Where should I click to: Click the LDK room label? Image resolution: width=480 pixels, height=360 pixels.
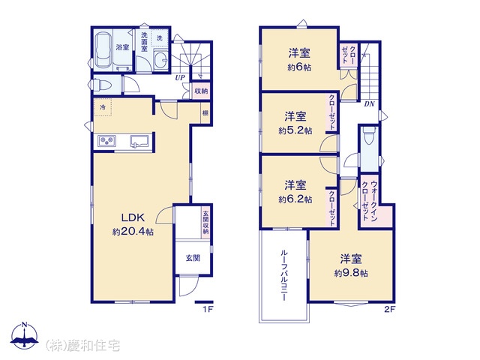pyautogui.click(x=133, y=217)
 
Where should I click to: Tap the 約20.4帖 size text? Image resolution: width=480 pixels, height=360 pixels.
pyautogui.click(x=133, y=232)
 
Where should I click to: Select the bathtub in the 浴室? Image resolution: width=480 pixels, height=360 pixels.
pyautogui.click(x=103, y=50)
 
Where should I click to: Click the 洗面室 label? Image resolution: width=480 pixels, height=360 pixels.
pyautogui.click(x=144, y=42)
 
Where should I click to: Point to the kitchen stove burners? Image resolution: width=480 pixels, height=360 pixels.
pyautogui.click(x=106, y=141)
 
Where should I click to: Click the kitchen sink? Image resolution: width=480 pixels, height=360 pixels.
pyautogui.click(x=139, y=142)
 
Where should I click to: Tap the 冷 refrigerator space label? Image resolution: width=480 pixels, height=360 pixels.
pyautogui.click(x=103, y=107)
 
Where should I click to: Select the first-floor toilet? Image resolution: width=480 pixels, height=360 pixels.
pyautogui.click(x=100, y=85)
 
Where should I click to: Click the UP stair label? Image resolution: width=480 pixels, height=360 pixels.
pyautogui.click(x=180, y=78)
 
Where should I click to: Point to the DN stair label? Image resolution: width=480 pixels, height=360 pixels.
pyautogui.click(x=369, y=104)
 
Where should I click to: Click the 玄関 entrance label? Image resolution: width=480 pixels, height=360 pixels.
pyautogui.click(x=193, y=258)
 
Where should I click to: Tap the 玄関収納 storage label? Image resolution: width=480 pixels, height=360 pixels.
pyautogui.click(x=205, y=223)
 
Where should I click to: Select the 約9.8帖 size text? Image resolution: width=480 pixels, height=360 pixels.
pyautogui.click(x=351, y=273)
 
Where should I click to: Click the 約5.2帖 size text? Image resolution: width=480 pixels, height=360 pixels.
pyautogui.click(x=295, y=130)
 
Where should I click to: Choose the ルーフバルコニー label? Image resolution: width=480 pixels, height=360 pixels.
pyautogui.click(x=283, y=275)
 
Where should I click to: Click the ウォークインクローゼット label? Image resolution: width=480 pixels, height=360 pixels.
pyautogui.click(x=370, y=201)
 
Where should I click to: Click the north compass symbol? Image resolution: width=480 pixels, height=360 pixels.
pyautogui.click(x=25, y=335)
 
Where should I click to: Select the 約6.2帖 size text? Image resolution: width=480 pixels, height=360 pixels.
pyautogui.click(x=295, y=199)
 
